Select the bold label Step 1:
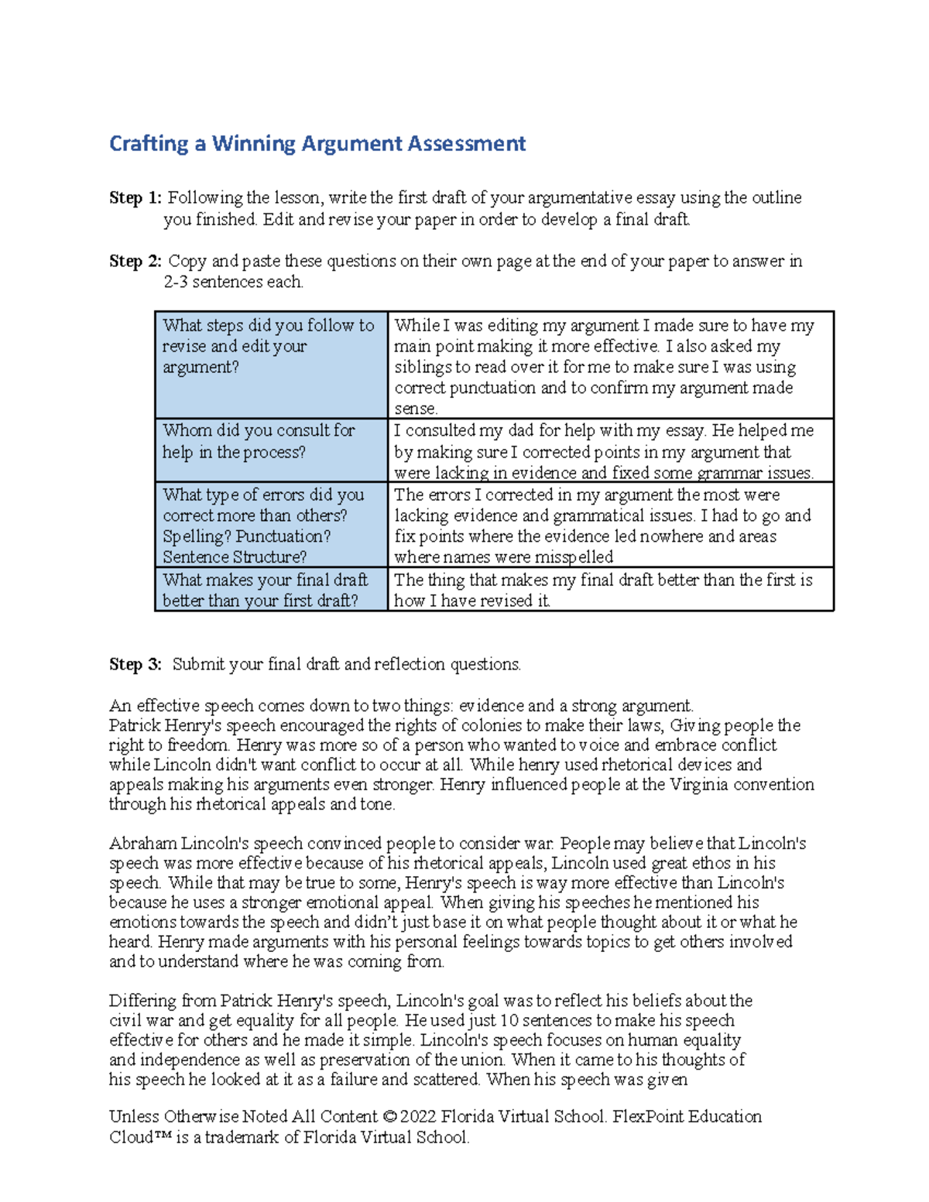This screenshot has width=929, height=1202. (135, 198)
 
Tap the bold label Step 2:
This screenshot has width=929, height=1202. (135, 262)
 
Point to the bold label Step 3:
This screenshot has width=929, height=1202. (135, 665)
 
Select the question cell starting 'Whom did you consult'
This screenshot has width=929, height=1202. (270, 449)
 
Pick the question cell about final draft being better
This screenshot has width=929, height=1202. (270, 590)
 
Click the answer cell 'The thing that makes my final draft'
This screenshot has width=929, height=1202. (609, 590)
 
